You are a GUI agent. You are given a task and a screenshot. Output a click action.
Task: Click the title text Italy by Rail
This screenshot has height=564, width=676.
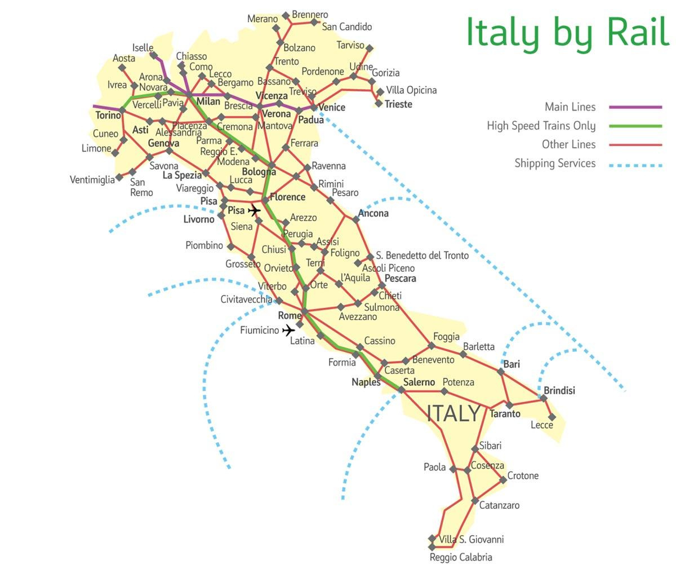point(567,33)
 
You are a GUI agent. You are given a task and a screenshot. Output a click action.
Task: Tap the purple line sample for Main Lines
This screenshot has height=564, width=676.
point(635,107)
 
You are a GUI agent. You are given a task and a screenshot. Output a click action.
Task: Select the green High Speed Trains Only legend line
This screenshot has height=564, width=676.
point(635,126)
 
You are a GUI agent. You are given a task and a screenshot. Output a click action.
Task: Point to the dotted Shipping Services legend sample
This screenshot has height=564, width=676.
point(635,165)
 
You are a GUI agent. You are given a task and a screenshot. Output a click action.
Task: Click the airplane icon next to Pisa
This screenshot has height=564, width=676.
point(255,210)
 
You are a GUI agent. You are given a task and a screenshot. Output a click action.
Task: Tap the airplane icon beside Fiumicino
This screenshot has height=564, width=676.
point(288,330)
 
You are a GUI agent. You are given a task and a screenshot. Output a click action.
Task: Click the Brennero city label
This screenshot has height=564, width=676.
point(310,15)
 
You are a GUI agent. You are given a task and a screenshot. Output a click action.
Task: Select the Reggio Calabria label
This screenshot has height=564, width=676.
point(461,557)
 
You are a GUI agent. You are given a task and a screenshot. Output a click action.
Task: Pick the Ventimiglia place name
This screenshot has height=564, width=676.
point(92,180)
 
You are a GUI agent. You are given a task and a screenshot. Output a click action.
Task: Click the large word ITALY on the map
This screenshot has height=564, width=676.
point(453,413)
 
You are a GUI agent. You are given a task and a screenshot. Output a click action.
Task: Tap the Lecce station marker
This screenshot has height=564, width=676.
point(552,417)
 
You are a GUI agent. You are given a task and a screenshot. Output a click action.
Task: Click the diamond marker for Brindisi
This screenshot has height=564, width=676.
point(544,398)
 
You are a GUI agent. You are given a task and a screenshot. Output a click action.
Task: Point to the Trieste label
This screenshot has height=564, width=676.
point(398,104)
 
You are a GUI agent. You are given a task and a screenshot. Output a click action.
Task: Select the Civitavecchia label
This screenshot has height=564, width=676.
point(246,299)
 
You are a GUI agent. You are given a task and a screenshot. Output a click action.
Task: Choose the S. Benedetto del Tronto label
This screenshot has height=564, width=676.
point(422,255)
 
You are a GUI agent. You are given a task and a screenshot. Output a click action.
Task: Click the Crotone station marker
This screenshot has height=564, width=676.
point(503,480)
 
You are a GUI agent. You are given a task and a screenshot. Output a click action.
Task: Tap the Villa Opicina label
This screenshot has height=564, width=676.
point(411,90)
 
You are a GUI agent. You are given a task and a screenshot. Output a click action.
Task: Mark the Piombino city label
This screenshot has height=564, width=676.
point(204,245)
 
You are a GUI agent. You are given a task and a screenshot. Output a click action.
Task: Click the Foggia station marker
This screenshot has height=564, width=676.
point(432,346)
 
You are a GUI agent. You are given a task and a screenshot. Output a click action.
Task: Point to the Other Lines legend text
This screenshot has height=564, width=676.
point(568,144)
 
